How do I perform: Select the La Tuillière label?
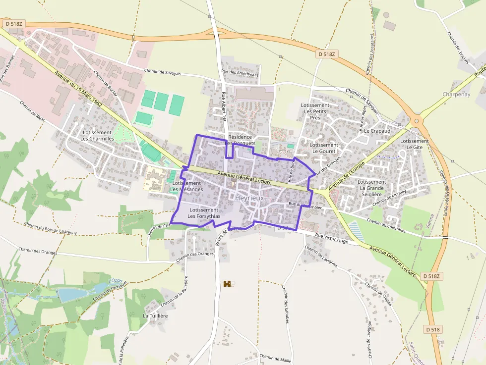[x=155, y=315]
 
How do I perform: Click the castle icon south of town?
[x=228, y=284]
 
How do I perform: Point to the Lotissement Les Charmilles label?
[x=98, y=136]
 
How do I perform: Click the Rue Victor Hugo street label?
[x=328, y=238]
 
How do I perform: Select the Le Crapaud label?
[x=377, y=131]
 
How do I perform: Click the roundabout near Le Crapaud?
[x=417, y=120]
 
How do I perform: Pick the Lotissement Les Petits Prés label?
[x=315, y=111]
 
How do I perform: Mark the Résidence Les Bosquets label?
[x=241, y=140]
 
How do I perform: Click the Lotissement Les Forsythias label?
[x=204, y=213]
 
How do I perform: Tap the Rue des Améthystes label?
[x=241, y=74]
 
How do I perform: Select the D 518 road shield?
[x=433, y=329]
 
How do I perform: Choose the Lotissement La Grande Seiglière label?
[x=371, y=188]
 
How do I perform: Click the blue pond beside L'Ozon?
[x=71, y=294]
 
